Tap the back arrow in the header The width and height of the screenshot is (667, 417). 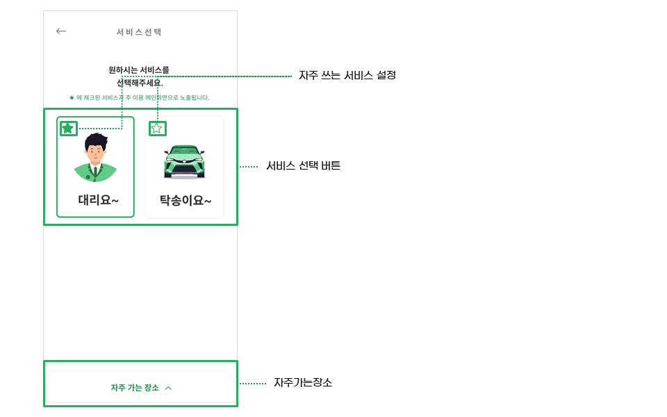[x=61, y=31]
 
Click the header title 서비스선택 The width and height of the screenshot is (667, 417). [x=139, y=32]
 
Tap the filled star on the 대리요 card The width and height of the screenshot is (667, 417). [x=68, y=128]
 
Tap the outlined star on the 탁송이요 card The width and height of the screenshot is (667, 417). [x=157, y=128]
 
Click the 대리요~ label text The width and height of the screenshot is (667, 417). [x=98, y=200]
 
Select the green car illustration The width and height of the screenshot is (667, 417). [x=185, y=161]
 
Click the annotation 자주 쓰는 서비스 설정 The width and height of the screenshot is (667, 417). [x=347, y=75]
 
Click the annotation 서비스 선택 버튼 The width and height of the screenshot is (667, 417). [x=303, y=166]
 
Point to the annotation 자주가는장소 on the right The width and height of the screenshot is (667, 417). [x=302, y=382]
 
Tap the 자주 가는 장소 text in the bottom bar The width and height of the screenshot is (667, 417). [x=135, y=388]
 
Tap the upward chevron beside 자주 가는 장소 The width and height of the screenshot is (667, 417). [x=169, y=388]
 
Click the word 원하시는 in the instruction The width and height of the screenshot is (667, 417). [x=123, y=70]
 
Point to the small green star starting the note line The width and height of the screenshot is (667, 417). [x=72, y=98]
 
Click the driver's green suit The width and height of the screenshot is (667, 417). [x=95, y=172]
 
